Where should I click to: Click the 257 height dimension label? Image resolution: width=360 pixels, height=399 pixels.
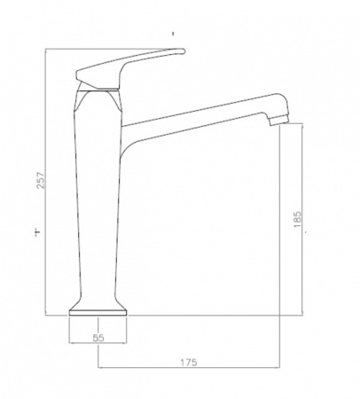tap(41, 180)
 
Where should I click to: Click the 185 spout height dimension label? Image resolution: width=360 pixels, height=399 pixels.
tap(298, 219)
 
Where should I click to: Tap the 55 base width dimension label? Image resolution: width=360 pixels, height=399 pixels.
tap(98, 338)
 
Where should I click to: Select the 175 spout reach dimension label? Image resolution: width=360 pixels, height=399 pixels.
tap(189, 362)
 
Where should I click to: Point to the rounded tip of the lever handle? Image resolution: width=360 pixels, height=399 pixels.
tap(183, 51)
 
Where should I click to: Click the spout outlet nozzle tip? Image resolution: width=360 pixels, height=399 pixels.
tap(278, 121)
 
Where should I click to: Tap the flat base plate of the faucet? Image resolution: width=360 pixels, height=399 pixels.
tap(98, 313)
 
